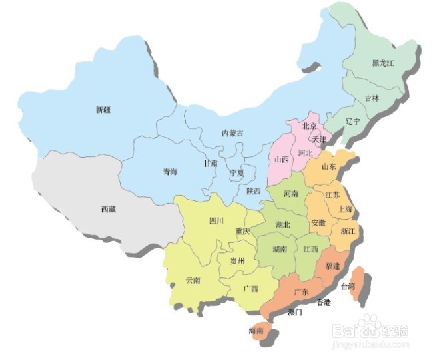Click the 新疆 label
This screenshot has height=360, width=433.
103,110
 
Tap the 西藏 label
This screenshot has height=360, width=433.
108,209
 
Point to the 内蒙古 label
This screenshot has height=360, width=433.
232,133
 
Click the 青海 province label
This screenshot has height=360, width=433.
171,172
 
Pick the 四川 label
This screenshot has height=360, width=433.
216,220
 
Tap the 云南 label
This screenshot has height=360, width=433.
194,281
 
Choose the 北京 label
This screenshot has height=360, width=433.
310,126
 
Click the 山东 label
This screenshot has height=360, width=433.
329,166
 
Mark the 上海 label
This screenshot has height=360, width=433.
345,209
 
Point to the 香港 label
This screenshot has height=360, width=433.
323,303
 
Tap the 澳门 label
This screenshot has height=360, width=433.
295,311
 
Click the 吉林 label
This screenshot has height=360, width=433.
372,98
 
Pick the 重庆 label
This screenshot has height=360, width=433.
242,232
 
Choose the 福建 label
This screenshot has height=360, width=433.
332,266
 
